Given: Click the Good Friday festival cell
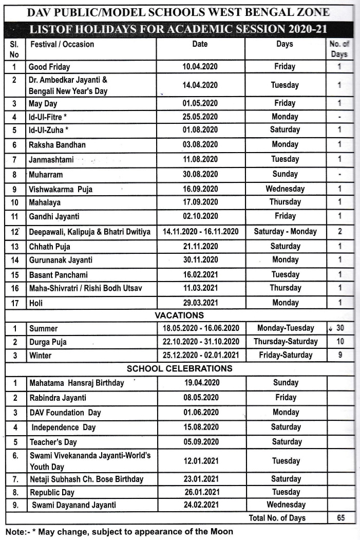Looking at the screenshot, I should pyautogui.click(x=49, y=67).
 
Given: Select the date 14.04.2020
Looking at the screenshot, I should pyautogui.click(x=200, y=85).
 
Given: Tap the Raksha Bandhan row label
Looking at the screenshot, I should pyautogui.click(x=57, y=145).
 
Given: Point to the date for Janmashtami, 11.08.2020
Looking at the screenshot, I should pyautogui.click(x=200, y=159).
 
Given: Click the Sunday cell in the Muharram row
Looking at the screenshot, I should pyautogui.click(x=285, y=174).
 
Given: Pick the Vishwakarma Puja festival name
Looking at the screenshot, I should pyautogui.click(x=61, y=190).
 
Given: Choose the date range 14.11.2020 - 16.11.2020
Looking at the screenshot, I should pyautogui.click(x=200, y=232).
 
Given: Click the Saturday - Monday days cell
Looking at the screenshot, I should pyautogui.click(x=285, y=232).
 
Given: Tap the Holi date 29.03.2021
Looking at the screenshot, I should pyautogui.click(x=200, y=303).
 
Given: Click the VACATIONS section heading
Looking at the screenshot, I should pyautogui.click(x=179, y=315).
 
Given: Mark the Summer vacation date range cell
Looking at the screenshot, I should pyautogui.click(x=201, y=328).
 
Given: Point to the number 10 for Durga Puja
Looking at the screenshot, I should pyautogui.click(x=340, y=342).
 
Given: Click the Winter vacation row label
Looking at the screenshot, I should pyautogui.click(x=41, y=355).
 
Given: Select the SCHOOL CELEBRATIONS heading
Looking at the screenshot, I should pyautogui.click(x=179, y=368).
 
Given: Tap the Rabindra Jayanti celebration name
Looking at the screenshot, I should pyautogui.click(x=58, y=398).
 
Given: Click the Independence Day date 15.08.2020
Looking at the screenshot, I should pyautogui.click(x=201, y=427).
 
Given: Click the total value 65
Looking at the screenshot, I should pyautogui.click(x=340, y=518).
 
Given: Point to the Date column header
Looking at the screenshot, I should pyautogui.click(x=200, y=44).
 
